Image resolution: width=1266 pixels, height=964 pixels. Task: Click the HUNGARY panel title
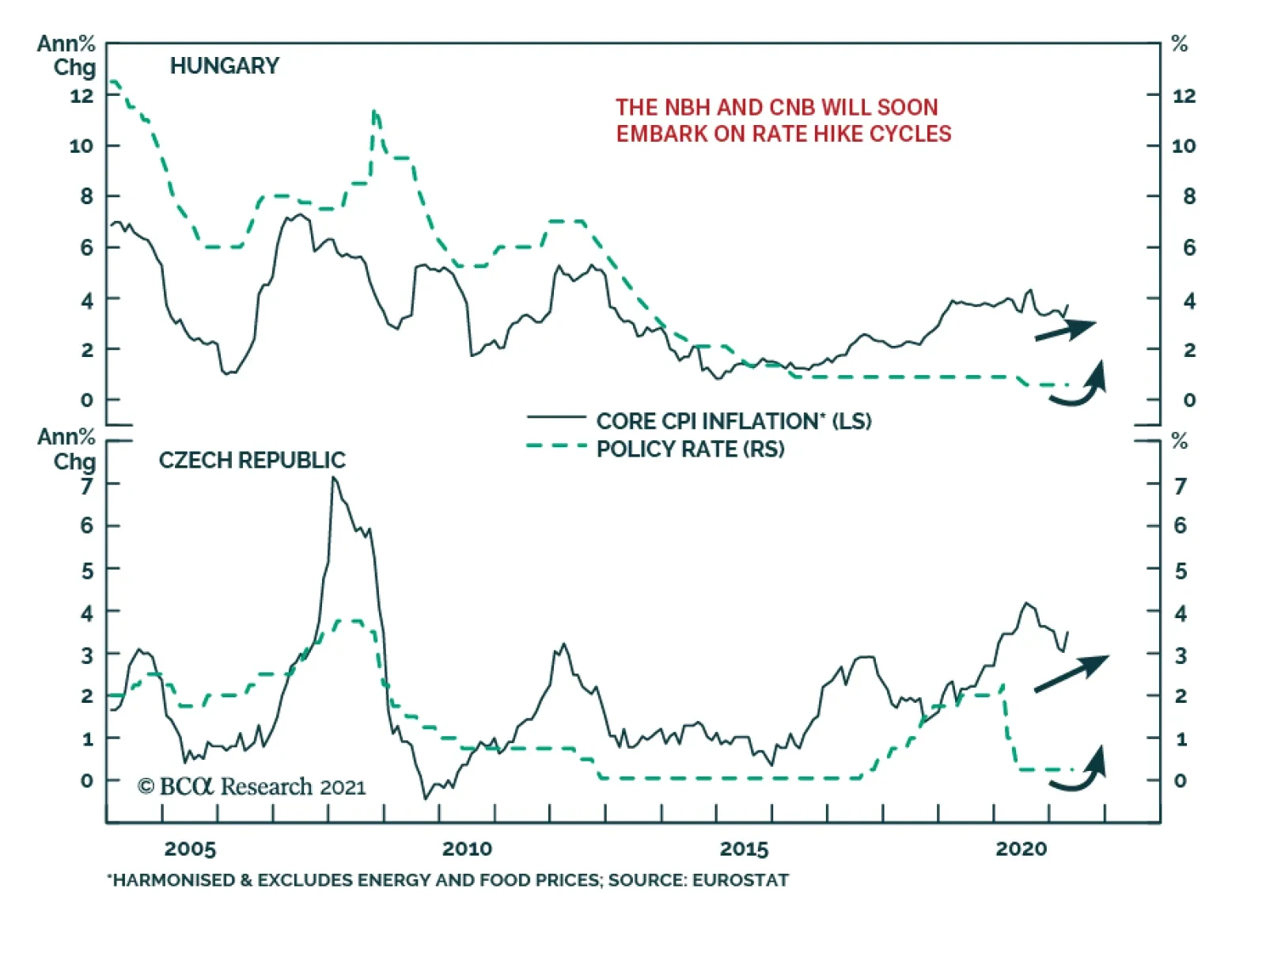tap(224, 66)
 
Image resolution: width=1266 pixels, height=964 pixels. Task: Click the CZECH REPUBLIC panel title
tap(252, 460)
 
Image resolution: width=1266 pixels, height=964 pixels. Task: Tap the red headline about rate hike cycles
tap(783, 120)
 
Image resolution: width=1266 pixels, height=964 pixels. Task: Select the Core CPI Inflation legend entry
tap(733, 420)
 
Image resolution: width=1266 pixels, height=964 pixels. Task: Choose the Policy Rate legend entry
tap(690, 449)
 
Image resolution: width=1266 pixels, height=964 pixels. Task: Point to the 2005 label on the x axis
tap(190, 849)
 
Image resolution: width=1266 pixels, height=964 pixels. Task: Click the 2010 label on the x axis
tap(467, 849)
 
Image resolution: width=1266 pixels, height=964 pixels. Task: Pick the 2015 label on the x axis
tap(744, 849)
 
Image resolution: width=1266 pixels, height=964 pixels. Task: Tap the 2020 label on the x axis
tap(1021, 849)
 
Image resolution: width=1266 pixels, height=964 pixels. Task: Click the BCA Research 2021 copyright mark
tap(251, 786)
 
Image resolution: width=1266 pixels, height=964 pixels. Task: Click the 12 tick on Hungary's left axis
tap(81, 96)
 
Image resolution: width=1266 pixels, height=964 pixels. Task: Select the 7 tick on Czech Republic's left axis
tap(87, 484)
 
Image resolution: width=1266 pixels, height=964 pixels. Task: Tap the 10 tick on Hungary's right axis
tap(1183, 146)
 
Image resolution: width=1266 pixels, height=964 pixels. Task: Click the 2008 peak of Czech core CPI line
tap(334, 478)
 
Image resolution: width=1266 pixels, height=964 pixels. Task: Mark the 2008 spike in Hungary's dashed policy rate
tap(374, 112)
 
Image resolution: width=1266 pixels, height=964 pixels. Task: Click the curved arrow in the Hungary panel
tap(1079, 385)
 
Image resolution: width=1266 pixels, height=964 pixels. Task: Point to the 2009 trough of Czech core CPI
tap(425, 798)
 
